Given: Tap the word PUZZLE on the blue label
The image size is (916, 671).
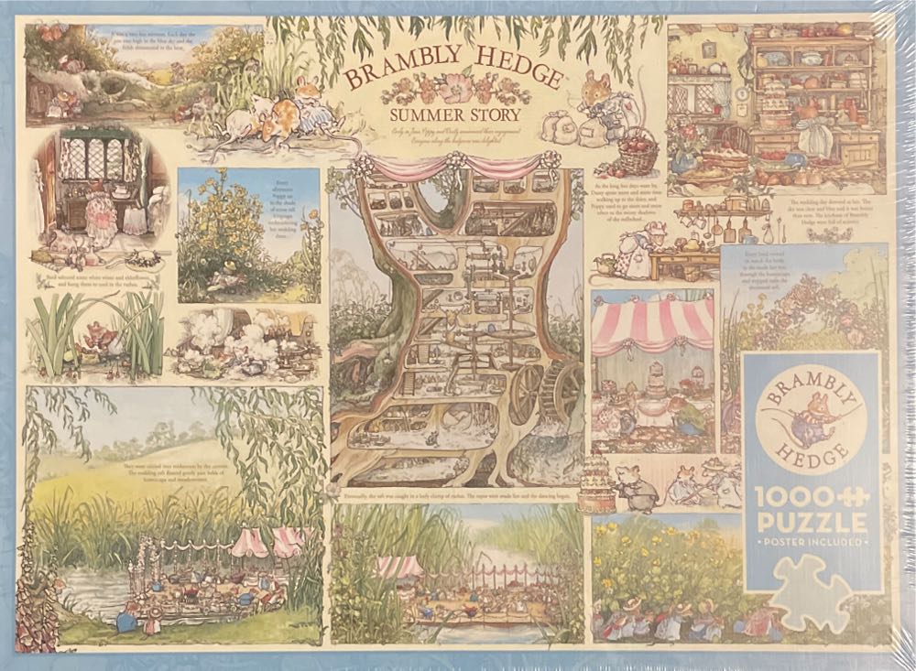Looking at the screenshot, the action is pyautogui.click(x=811, y=524).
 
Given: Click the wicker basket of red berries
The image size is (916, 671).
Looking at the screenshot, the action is pyautogui.click(x=638, y=152).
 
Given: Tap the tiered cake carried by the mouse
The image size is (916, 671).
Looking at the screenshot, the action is pyautogui.click(x=596, y=483).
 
